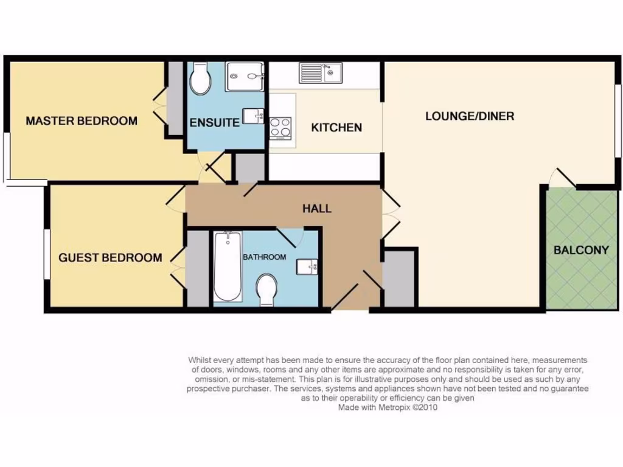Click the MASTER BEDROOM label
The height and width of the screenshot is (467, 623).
[x=82, y=120]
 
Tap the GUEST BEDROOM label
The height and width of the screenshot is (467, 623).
[x=110, y=257]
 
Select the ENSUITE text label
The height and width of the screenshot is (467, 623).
[x=214, y=122]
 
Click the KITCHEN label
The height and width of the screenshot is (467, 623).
[x=336, y=128]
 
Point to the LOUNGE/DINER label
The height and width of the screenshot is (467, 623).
[x=469, y=116]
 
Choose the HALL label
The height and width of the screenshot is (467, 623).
[x=317, y=209]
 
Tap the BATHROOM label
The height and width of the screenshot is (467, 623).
[x=264, y=257]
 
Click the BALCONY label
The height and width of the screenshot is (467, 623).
[x=580, y=250]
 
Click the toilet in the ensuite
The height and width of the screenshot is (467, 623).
[x=200, y=79]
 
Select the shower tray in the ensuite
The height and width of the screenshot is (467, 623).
[x=245, y=77]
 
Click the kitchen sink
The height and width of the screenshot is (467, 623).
[x=320, y=73]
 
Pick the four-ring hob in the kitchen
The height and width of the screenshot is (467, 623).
[x=280, y=128]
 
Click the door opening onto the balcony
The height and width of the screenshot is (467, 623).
[x=562, y=177]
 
